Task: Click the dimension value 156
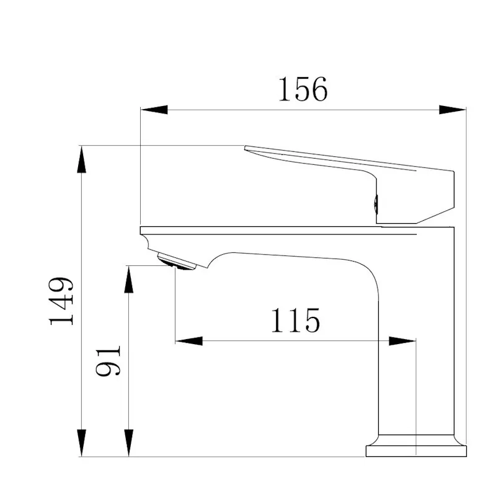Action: pyautogui.click(x=303, y=89)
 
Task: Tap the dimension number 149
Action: pyautogui.click(x=61, y=301)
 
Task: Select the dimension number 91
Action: pyautogui.click(x=108, y=361)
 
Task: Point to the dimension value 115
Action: pyautogui.click(x=296, y=320)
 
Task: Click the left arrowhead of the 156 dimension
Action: pyautogui.click(x=154, y=110)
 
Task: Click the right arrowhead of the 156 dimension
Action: pyautogui.click(x=453, y=110)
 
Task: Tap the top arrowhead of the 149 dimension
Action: pyautogui.click(x=82, y=159)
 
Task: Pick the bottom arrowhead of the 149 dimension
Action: pyautogui.click(x=82, y=443)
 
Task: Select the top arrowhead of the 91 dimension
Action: pyautogui.click(x=129, y=280)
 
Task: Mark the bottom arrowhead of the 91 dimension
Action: pyautogui.click(x=129, y=443)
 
